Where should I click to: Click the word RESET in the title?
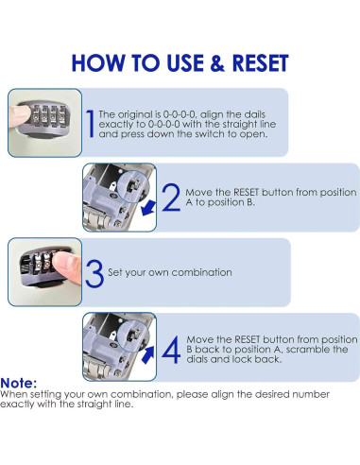click(260, 63)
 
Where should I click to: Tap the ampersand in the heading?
click(217, 63)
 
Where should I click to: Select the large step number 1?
click(91, 124)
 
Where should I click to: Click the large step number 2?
click(171, 198)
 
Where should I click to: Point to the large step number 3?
click(94, 273)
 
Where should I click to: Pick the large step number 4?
click(171, 350)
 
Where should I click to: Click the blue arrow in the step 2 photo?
click(148, 208)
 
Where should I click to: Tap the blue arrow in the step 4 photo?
click(148, 354)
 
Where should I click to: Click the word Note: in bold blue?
click(19, 384)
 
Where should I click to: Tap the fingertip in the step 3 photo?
click(66, 267)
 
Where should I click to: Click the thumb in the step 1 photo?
click(20, 116)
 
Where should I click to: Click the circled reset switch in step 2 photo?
click(132, 186)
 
